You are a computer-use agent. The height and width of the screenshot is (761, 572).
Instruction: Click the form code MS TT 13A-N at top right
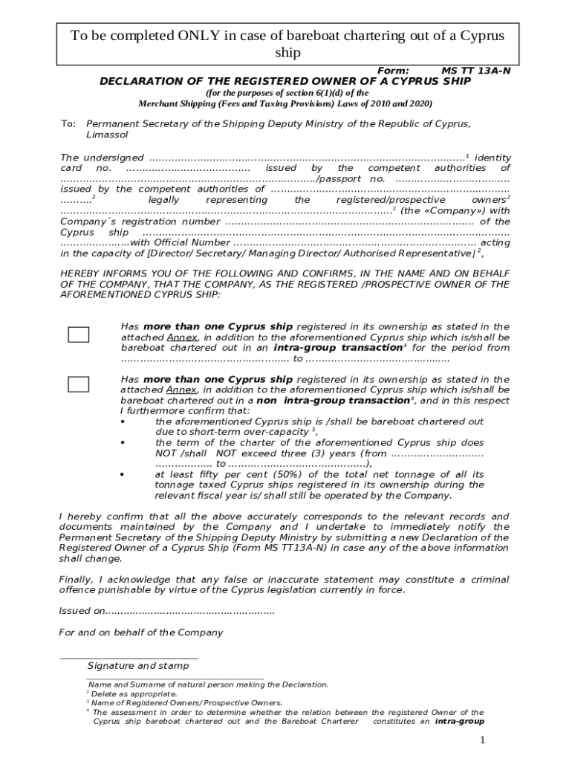[x=475, y=71]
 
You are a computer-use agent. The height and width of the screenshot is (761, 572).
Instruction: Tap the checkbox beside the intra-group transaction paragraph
[x=78, y=334]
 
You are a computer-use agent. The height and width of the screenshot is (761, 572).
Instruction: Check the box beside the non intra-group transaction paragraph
[x=78, y=384]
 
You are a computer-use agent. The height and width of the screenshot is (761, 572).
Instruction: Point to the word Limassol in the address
[x=107, y=135]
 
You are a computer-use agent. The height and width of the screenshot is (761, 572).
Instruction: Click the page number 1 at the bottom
[x=482, y=740]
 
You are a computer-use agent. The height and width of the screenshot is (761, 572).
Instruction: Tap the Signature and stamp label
[x=137, y=666]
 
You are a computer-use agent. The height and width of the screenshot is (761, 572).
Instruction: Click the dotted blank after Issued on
[x=190, y=611]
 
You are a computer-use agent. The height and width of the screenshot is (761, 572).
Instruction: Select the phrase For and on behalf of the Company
[x=140, y=632]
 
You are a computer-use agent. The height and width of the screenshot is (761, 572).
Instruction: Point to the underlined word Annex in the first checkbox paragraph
[x=182, y=337]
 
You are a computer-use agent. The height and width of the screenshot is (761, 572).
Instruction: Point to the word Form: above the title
[x=394, y=71]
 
